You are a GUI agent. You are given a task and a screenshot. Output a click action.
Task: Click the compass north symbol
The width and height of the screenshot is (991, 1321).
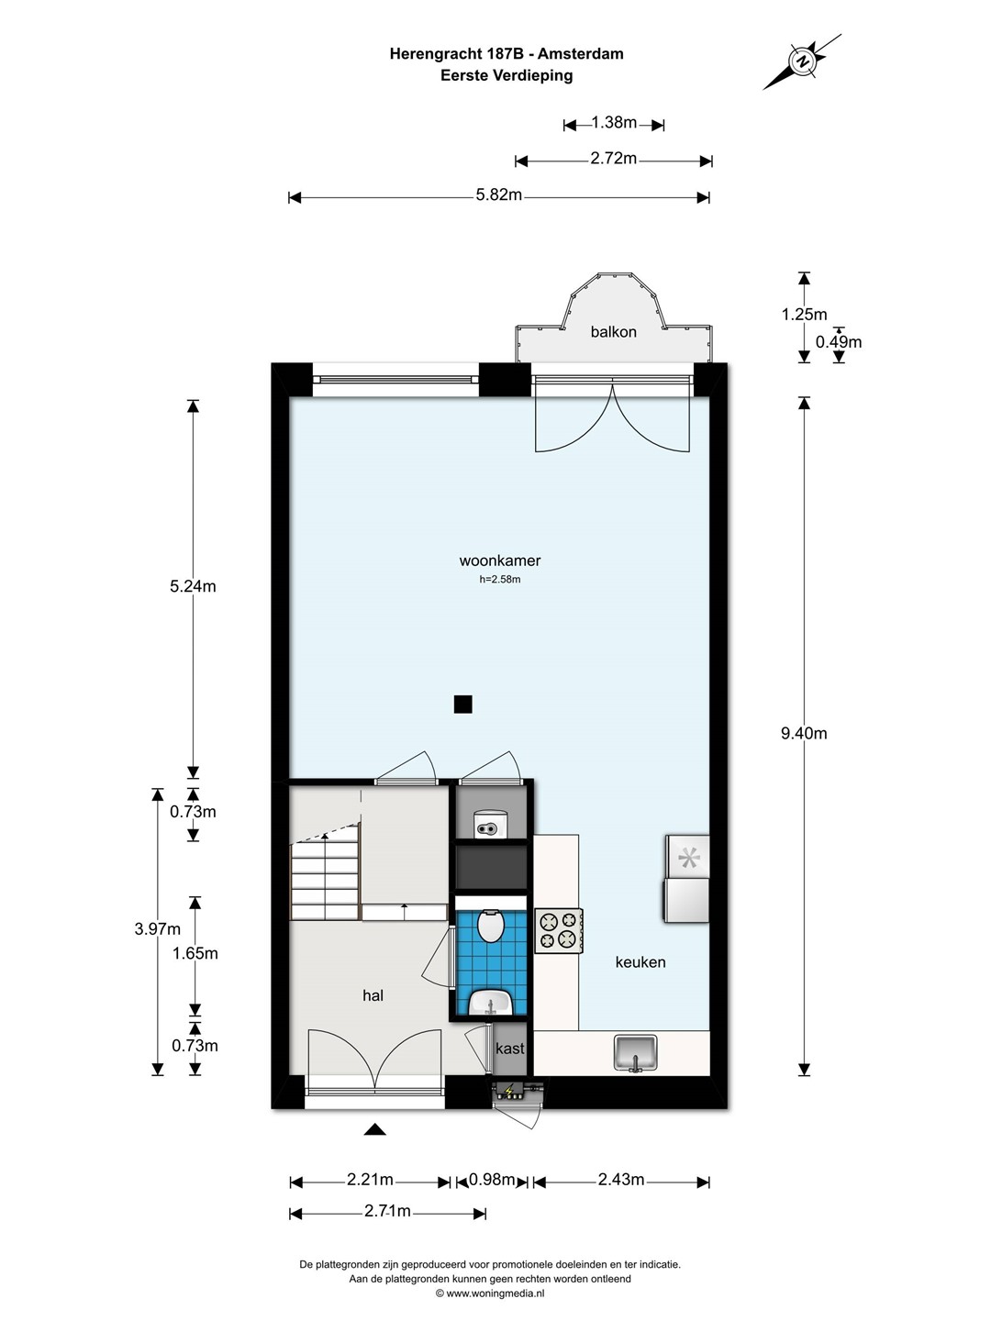pyautogui.click(x=802, y=61)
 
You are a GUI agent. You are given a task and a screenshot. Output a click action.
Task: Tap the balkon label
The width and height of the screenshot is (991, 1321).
pyautogui.click(x=613, y=331)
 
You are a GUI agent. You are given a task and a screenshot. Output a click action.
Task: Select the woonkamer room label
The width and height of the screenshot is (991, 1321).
pyautogui.click(x=500, y=561)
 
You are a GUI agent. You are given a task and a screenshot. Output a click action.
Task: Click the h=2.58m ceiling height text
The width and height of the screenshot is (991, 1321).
pyautogui.click(x=500, y=580)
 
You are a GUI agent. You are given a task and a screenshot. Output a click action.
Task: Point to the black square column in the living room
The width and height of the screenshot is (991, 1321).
pyautogui.click(x=462, y=704)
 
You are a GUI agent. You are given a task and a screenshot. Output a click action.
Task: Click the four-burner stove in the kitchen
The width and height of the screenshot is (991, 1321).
pyautogui.click(x=559, y=930)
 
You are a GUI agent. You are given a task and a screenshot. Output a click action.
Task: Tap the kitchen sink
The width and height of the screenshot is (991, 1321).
pyautogui.click(x=635, y=1052)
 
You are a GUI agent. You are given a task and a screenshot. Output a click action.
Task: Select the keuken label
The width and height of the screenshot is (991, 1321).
pyautogui.click(x=640, y=961)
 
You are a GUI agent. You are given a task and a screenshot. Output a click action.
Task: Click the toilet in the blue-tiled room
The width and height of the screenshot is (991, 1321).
pyautogui.click(x=491, y=927)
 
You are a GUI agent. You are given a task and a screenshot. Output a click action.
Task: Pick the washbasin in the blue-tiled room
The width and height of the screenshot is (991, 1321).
pyautogui.click(x=491, y=1003)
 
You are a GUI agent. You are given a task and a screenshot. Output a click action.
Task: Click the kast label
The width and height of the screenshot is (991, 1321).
pyautogui.click(x=509, y=1049)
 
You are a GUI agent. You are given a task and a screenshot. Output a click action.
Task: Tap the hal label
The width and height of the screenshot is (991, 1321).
pyautogui.click(x=373, y=995)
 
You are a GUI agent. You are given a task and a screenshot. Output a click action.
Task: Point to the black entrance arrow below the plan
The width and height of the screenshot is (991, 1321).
pyautogui.click(x=375, y=1129)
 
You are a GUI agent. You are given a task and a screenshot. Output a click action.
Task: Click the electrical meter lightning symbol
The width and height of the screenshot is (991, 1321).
pyautogui.click(x=509, y=1090)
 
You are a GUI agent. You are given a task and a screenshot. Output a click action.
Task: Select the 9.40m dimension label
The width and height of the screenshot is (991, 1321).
pyautogui.click(x=804, y=733)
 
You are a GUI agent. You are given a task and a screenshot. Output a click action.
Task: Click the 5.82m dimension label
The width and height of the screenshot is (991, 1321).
pyautogui.click(x=499, y=194)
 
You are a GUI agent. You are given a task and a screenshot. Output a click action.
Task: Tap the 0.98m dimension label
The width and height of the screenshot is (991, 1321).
pyautogui.click(x=492, y=1180)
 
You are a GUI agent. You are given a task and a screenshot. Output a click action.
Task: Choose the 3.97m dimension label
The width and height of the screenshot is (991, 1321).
pyautogui.click(x=158, y=928)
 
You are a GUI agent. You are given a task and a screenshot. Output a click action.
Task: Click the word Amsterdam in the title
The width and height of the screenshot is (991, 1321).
pyautogui.click(x=580, y=54)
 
